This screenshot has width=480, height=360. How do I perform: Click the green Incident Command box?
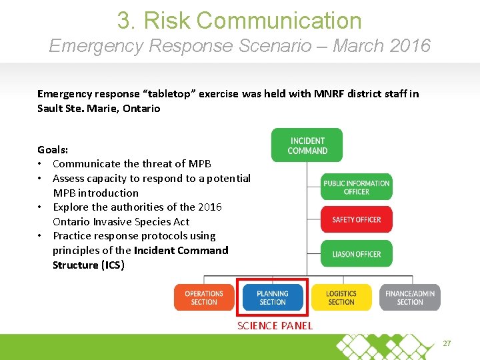pyautogui.click(x=307, y=145)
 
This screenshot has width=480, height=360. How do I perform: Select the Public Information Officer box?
pyautogui.click(x=356, y=187)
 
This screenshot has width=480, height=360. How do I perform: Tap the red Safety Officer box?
pyautogui.click(x=356, y=219)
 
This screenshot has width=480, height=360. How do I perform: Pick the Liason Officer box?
pyautogui.click(x=356, y=254)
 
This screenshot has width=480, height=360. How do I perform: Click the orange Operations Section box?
pyautogui.click(x=204, y=297)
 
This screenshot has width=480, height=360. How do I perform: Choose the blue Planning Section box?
pyautogui.click(x=273, y=297)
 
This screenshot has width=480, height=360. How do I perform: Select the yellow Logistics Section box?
pyautogui.click(x=341, y=297)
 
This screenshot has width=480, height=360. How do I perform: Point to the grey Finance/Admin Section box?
pyautogui.click(x=409, y=297)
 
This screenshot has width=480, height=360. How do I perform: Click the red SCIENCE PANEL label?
pyautogui.click(x=275, y=325)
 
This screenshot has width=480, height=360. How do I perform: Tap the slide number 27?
pyautogui.click(x=447, y=343)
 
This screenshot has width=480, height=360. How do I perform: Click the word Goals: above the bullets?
pyautogui.click(x=53, y=149)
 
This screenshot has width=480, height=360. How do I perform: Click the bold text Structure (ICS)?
pyautogui.click(x=88, y=265)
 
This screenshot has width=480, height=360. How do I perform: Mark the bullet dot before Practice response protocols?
pyautogui.click(x=41, y=236)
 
